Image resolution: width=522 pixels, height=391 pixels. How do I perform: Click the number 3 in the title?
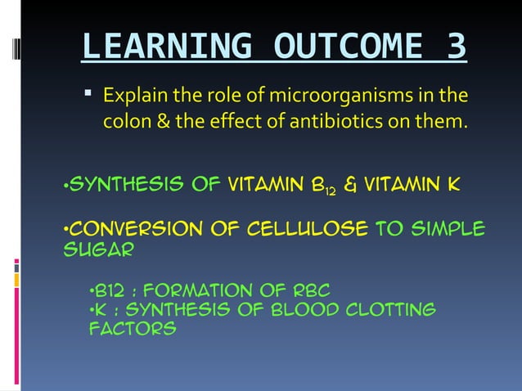point(455,47)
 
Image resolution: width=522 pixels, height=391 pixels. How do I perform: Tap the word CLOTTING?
point(392,309)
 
